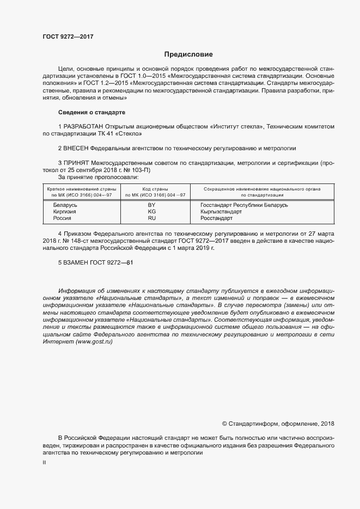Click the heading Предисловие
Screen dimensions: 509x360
(189, 54)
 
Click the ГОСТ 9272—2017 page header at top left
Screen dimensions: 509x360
(68, 36)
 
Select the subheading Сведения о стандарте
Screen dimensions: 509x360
(91, 112)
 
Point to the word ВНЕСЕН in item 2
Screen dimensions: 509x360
(76, 148)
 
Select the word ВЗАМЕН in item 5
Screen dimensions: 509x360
(76, 262)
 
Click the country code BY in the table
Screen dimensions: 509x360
(152, 205)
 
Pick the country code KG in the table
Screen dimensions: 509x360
(152, 211)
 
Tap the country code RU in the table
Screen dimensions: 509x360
(152, 218)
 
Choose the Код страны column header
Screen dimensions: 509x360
(156, 188)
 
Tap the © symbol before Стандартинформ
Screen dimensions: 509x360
(224, 424)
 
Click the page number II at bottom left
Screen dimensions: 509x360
(44, 462)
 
